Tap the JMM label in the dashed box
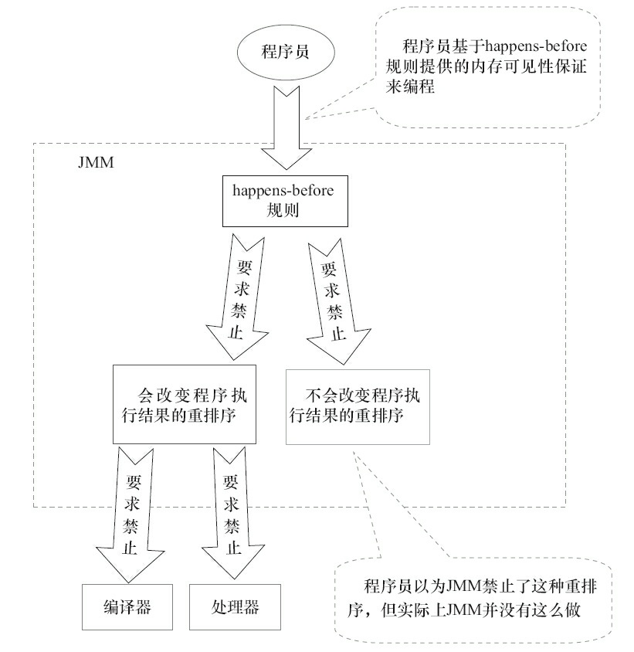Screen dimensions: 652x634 [93, 165]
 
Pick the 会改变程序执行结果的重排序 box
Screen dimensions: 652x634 [184, 404]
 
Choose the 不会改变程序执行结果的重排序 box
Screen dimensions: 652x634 [357, 404]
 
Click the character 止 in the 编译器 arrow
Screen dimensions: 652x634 [126, 543]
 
